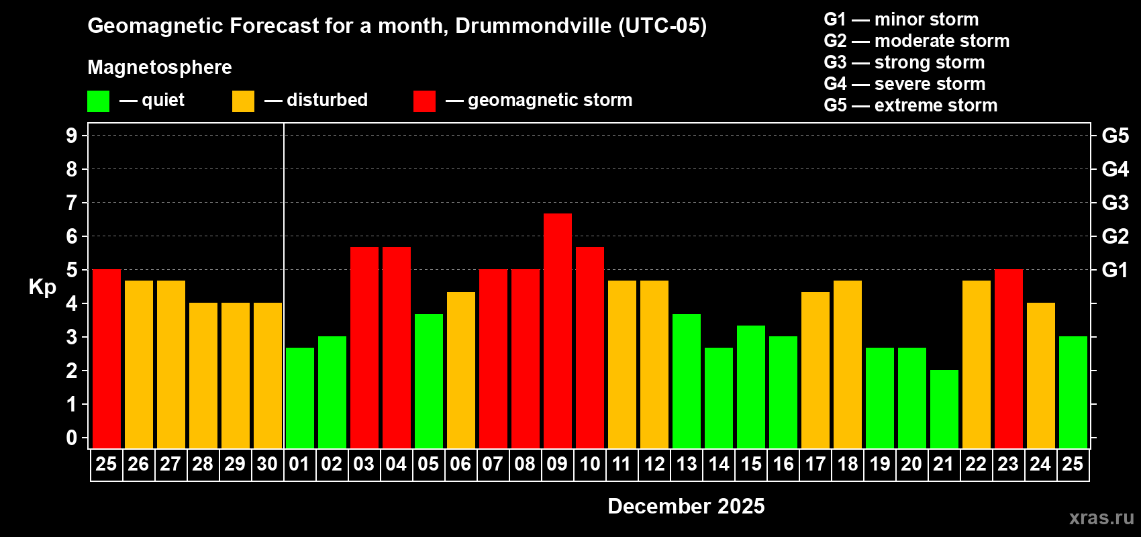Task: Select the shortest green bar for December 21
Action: (944, 409)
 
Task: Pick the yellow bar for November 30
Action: (267, 375)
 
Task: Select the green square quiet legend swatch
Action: (98, 101)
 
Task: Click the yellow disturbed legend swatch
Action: (243, 101)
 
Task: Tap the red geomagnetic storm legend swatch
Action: (424, 101)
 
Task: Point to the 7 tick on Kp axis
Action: (72, 203)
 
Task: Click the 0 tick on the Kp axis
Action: (72, 438)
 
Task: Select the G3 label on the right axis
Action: (1115, 203)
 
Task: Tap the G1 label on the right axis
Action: (1115, 270)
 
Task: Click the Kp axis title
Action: (42, 287)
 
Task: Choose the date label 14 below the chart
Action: (718, 464)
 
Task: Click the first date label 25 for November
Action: (106, 464)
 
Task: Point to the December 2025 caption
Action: (686, 506)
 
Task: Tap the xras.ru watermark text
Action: (1101, 517)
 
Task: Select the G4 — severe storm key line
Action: (904, 84)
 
